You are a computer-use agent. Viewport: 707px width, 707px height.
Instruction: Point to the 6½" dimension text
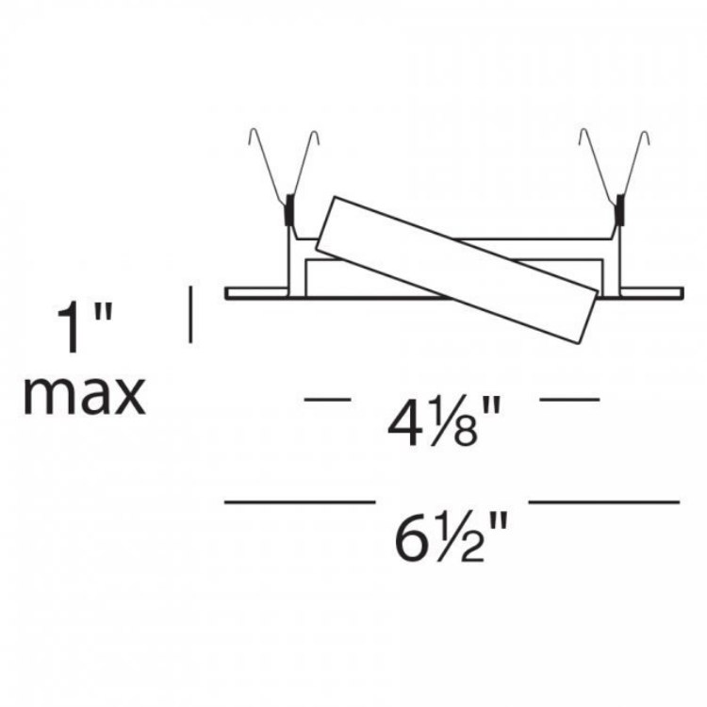pos(451,537)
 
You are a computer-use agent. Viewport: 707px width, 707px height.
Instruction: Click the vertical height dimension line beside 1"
pos(190,314)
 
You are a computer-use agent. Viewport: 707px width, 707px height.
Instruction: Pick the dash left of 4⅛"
pos(328,399)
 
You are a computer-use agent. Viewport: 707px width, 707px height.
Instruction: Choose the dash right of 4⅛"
pos(569,399)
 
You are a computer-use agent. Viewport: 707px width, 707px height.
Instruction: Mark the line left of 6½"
pos(300,501)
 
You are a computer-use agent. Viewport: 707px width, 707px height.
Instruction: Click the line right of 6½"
pos(604,501)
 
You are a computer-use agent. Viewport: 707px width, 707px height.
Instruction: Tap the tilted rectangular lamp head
pos(456,270)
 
